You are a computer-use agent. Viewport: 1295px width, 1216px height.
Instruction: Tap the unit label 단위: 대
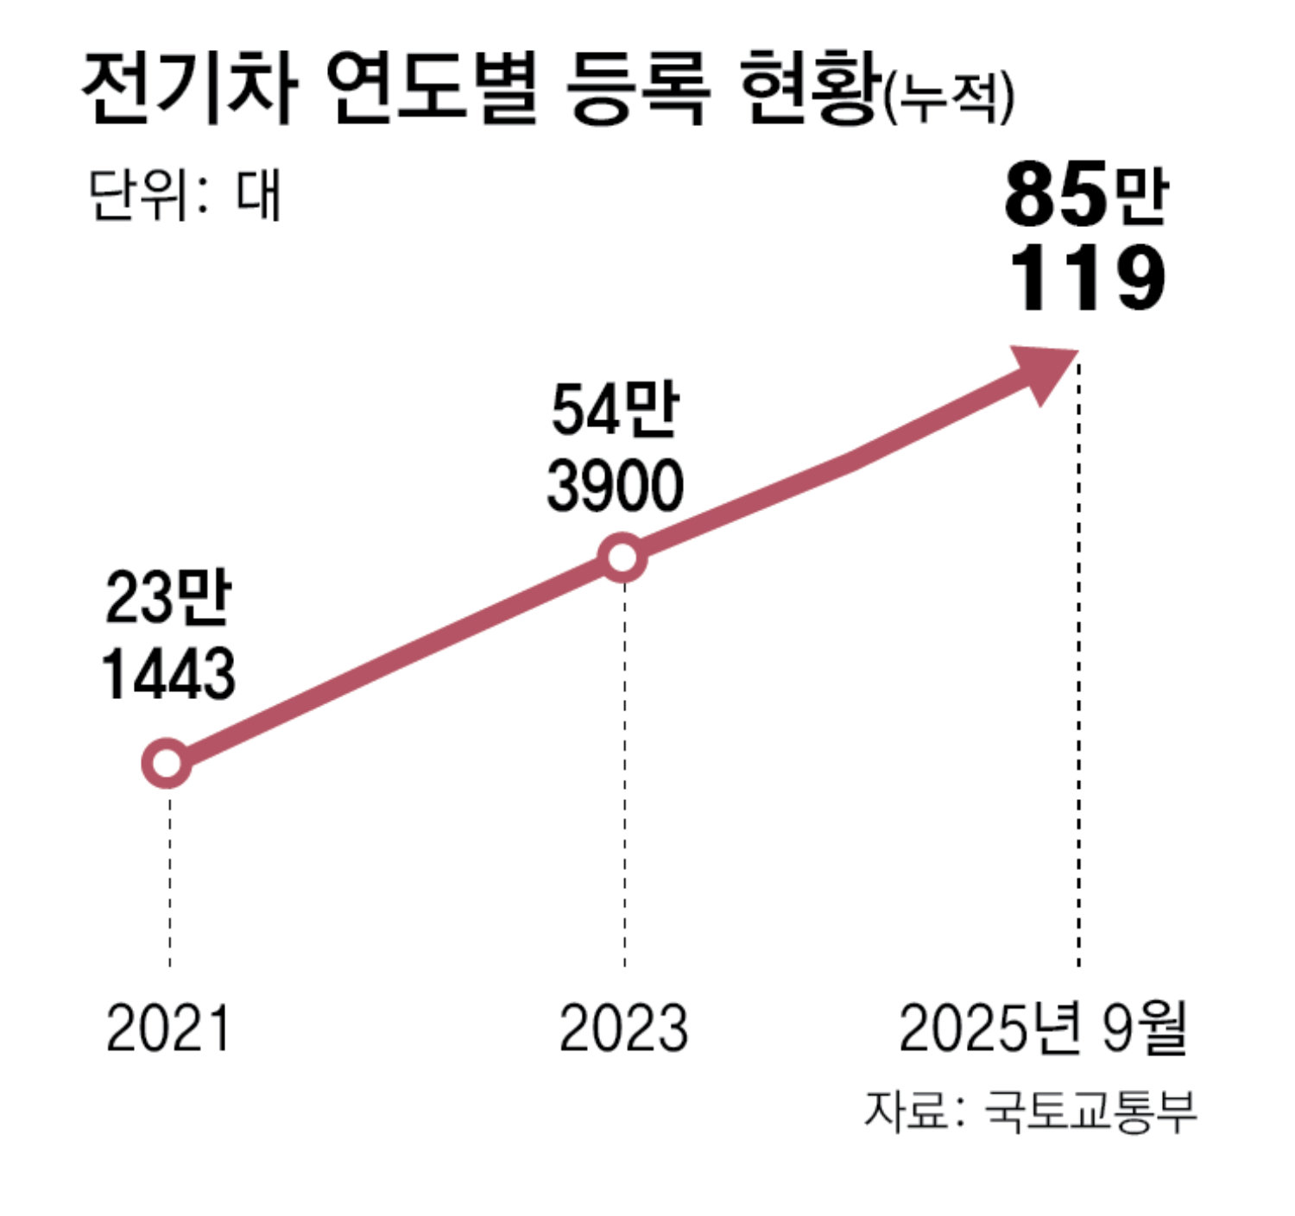click(185, 196)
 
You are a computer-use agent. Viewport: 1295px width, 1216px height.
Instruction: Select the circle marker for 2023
click(622, 558)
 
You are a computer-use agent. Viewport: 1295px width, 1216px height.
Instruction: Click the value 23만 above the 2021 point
click(168, 598)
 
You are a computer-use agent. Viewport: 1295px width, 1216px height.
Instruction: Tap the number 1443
click(168, 674)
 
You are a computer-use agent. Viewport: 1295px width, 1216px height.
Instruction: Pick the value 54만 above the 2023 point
click(615, 409)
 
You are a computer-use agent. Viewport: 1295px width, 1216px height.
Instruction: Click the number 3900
click(615, 485)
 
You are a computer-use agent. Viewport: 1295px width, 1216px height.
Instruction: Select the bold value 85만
click(1086, 197)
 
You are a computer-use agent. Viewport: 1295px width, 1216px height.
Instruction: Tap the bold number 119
click(1086, 278)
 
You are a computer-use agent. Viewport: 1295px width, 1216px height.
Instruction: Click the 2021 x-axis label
click(168, 1028)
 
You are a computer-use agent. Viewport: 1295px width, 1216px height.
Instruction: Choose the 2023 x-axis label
click(623, 1028)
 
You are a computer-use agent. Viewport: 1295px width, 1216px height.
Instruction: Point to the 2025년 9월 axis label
click(1043, 1028)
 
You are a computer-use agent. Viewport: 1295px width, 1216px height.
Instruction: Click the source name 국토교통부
click(1090, 1112)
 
